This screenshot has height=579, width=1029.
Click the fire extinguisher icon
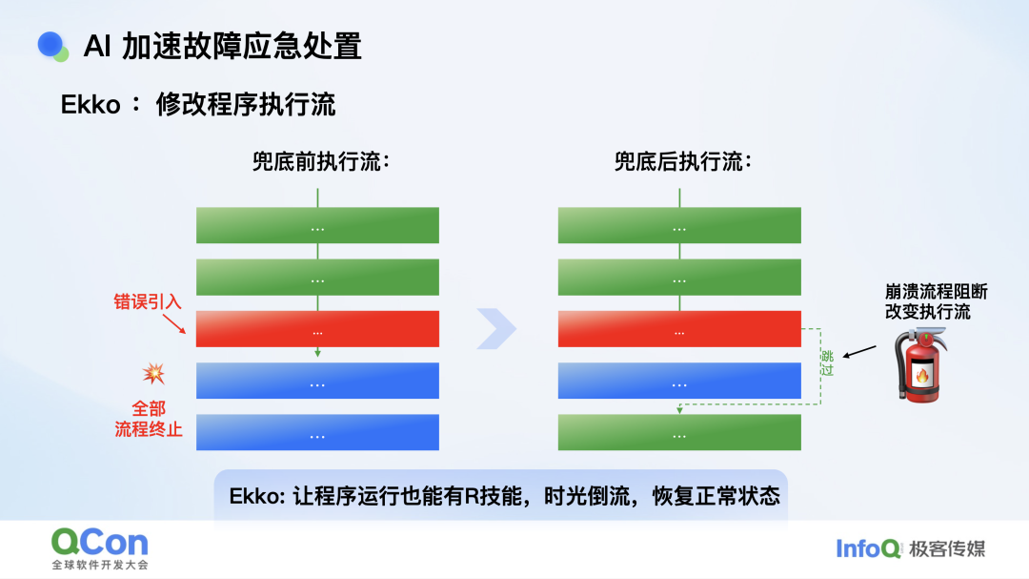coord(920,365)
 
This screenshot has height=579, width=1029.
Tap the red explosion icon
coord(153,373)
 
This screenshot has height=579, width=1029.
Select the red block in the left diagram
coord(317,328)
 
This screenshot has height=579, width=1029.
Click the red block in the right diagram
coord(679,328)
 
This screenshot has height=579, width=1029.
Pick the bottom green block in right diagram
coord(679,432)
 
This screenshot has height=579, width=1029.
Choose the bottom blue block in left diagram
coord(317,432)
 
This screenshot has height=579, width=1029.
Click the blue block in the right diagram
coord(679,381)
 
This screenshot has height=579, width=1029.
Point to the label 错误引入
coord(147,301)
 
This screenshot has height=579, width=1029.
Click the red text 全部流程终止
coord(149,419)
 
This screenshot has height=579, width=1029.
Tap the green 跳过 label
coord(827,362)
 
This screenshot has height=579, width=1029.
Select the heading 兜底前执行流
coord(321,161)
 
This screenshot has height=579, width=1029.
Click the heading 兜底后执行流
coord(682,161)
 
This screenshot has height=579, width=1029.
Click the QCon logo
coord(100,548)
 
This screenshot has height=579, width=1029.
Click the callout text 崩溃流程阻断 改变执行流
coord(936,301)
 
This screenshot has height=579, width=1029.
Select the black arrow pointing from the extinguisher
coord(859,352)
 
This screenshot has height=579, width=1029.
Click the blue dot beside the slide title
coord(50,45)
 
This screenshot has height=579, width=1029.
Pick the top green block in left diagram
coord(317,225)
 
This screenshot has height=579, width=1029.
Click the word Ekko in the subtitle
coord(91,105)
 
